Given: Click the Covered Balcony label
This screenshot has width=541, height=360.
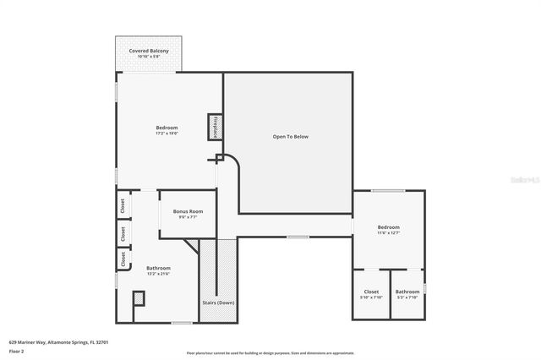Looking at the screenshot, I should point(149,51).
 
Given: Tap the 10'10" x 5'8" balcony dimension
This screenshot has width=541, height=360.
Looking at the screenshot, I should point(149,57).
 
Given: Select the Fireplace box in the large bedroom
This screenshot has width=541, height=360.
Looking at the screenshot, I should point(215,127).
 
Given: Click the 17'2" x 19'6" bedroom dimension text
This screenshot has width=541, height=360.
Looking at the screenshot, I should point(167,134).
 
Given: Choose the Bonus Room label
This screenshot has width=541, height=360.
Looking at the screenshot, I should point(187,211).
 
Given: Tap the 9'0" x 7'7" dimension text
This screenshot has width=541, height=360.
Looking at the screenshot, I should point(187,217).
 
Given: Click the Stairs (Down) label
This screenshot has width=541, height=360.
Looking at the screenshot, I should point(218,302).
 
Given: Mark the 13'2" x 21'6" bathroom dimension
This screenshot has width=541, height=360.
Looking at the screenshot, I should point(158,273).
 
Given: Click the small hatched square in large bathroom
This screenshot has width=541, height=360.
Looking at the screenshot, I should point(139,297).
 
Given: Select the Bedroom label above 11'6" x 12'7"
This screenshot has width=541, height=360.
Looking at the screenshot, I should point(389,227).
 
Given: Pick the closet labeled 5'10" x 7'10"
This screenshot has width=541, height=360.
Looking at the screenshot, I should point(371,294).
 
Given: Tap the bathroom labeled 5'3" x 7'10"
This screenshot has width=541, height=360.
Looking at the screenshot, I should point(407,294).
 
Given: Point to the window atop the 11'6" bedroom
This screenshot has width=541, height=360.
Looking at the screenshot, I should point(387,190).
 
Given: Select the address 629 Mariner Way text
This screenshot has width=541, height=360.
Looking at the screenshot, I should point(57,341).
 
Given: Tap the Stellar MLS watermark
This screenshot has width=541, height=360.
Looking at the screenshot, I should point(525,178).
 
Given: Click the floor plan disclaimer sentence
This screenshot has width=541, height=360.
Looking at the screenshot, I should point(270,352).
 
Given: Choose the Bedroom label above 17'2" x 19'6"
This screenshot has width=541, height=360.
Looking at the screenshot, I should point(167,128).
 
